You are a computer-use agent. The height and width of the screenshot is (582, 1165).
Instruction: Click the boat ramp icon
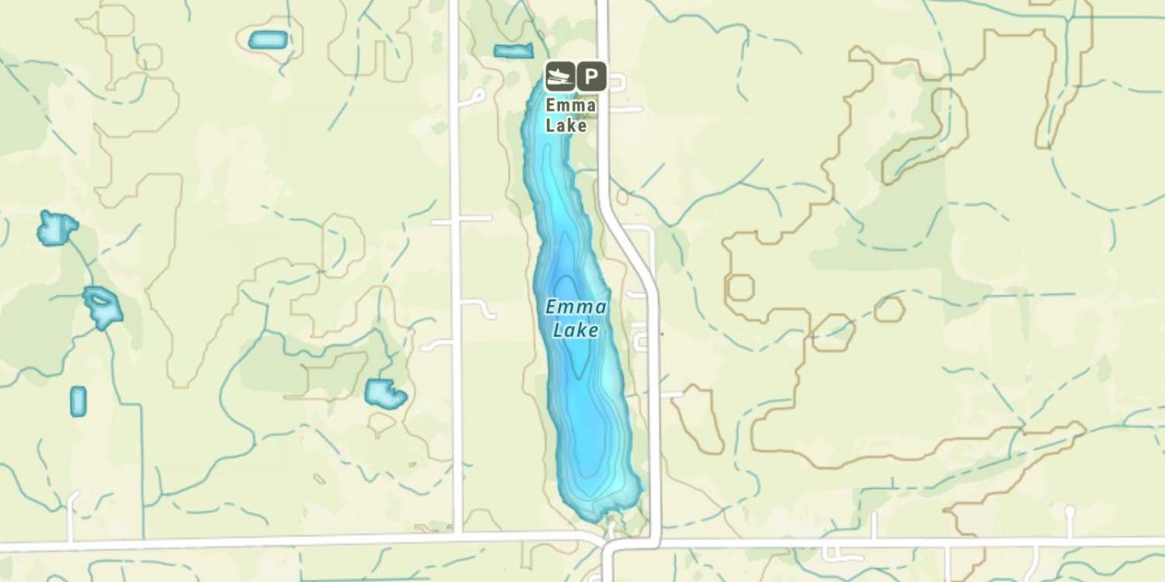[x=559, y=77]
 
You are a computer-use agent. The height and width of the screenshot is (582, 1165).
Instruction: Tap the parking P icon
[x=591, y=77]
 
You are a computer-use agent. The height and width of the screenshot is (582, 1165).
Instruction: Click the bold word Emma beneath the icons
[x=571, y=105]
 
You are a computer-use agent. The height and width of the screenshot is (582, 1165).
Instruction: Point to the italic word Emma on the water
[x=576, y=307]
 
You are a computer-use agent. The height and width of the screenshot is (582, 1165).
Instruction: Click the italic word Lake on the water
[x=576, y=331]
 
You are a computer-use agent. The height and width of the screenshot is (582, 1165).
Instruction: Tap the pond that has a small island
[x=103, y=306]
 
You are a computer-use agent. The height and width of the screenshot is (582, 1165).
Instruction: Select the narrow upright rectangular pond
[x=78, y=401]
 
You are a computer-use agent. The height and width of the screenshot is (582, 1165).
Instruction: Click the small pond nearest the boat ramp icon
[x=513, y=51]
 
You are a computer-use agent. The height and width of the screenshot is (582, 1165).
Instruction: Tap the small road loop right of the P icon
[x=617, y=81]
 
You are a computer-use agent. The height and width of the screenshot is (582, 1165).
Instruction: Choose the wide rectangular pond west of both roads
[x=268, y=40]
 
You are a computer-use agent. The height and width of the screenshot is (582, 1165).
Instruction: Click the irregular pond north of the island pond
[x=57, y=227]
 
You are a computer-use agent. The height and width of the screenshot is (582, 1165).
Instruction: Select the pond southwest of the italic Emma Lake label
[x=385, y=394]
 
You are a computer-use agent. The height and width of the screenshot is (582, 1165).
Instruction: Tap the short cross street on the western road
[x=462, y=220]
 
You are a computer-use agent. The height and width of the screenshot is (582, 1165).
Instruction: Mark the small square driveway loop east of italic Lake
[x=641, y=341]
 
